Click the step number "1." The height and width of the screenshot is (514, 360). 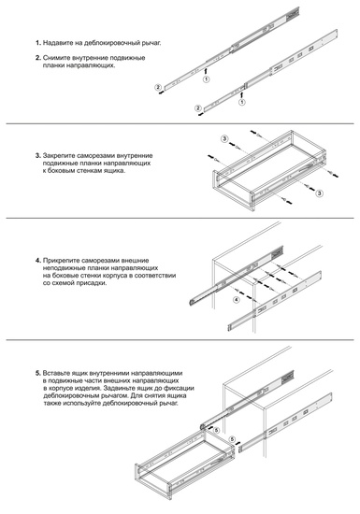(38, 45)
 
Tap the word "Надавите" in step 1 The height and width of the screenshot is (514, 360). (60, 45)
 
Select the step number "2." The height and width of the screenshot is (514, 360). (38, 58)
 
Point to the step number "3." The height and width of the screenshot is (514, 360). (38, 154)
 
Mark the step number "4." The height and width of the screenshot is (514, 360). (38, 259)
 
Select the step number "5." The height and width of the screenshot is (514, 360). (38, 373)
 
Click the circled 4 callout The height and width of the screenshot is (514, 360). (237, 301)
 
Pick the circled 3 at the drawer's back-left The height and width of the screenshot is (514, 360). (224, 138)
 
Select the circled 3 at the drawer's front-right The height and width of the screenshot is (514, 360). (320, 193)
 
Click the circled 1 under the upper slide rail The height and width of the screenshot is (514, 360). (208, 82)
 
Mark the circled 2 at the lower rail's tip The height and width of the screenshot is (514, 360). (199, 108)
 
